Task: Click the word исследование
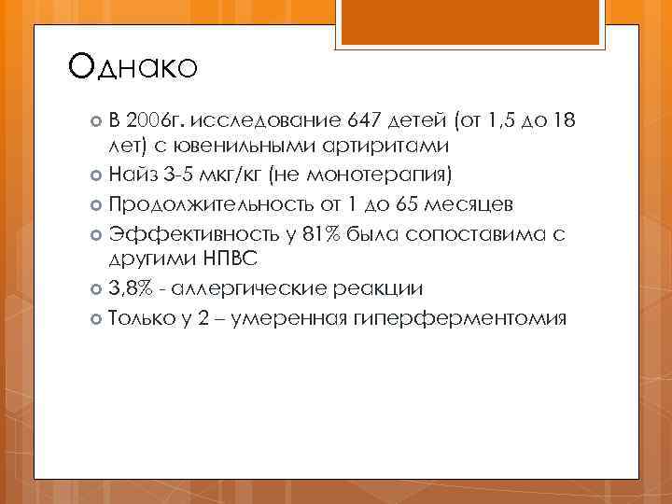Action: tap(266, 120)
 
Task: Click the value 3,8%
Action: tap(131, 289)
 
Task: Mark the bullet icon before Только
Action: tap(97, 319)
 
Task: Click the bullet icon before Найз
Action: tap(97, 174)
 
